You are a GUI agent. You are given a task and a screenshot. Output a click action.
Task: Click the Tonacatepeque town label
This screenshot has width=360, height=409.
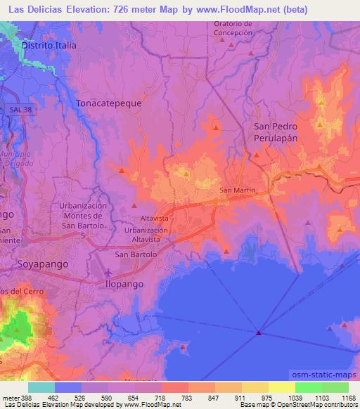click(108, 103)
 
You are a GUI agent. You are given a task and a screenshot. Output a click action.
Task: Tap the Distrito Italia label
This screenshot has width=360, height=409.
click(49, 44)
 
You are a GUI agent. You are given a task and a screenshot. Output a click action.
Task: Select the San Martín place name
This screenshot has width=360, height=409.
click(236, 190)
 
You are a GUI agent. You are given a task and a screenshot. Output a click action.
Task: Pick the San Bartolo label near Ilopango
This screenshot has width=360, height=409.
click(131, 254)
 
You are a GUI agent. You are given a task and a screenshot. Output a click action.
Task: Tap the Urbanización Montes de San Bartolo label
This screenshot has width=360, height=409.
click(84, 219)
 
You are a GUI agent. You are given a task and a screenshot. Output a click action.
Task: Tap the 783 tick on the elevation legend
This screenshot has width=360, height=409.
click(168, 398)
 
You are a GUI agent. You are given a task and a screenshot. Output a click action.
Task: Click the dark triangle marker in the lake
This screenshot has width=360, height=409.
click(259, 332)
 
